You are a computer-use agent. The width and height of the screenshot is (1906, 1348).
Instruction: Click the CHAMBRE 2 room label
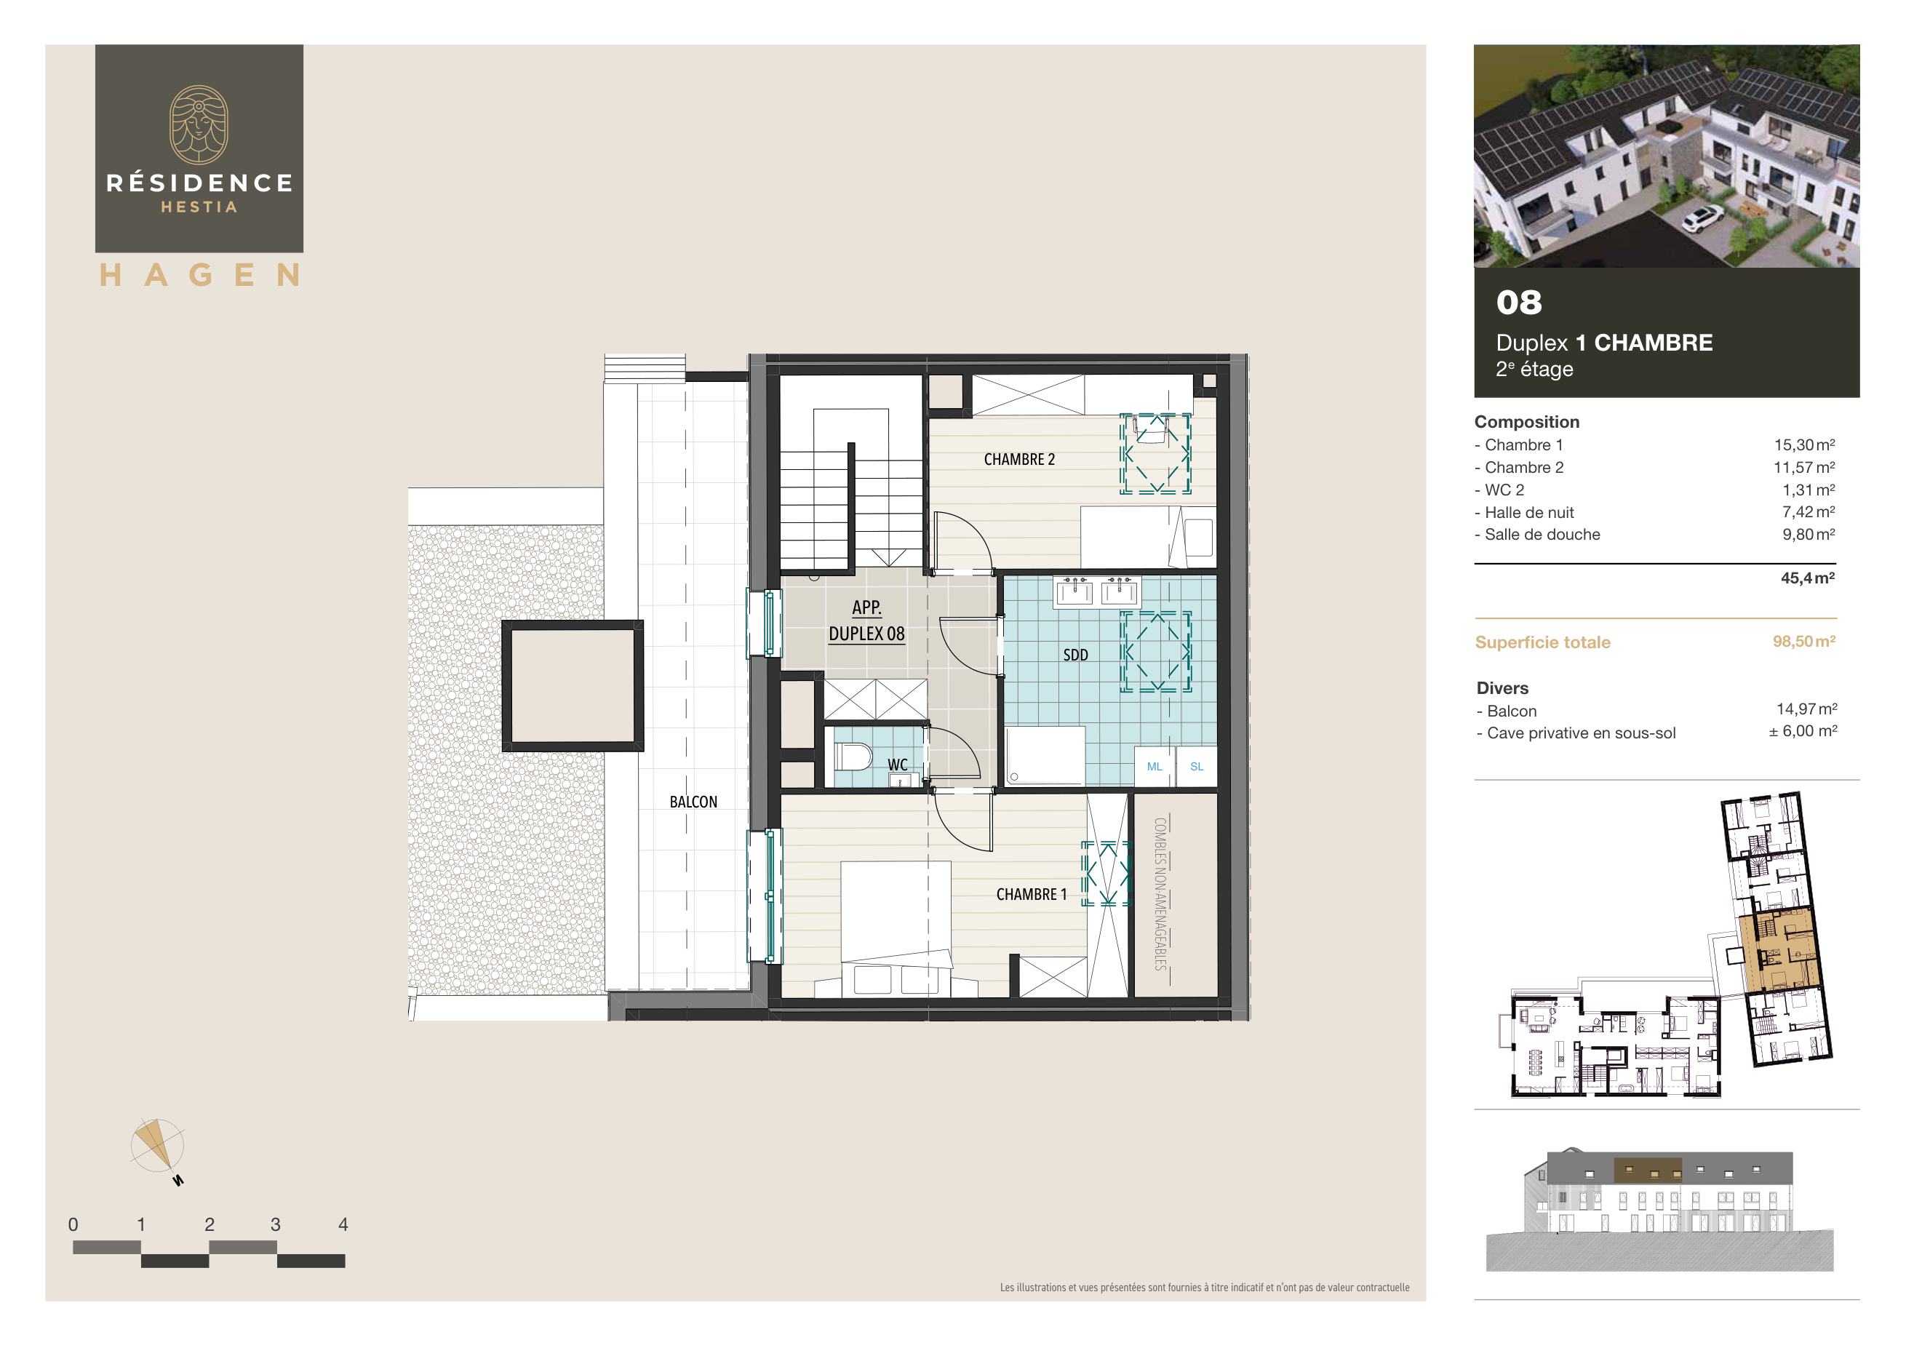(x=1018, y=460)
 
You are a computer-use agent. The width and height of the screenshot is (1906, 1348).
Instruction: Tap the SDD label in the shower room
(x=1075, y=655)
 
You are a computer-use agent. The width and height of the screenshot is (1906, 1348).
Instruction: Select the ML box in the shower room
(x=1154, y=766)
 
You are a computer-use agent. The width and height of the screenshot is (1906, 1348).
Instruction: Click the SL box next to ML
(x=1196, y=766)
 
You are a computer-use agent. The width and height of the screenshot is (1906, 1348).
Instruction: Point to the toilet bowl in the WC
(x=852, y=756)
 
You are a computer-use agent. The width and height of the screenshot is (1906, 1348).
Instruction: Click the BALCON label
(x=693, y=802)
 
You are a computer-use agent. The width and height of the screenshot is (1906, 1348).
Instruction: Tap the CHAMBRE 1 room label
(x=1031, y=894)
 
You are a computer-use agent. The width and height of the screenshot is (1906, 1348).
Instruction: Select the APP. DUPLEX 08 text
(x=866, y=620)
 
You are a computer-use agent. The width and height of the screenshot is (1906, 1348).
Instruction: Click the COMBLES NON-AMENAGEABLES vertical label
(x=1160, y=894)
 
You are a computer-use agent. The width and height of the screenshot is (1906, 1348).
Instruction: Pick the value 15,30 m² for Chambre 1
(x=1804, y=445)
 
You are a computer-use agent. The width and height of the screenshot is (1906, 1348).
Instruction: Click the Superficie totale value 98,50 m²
(x=1803, y=642)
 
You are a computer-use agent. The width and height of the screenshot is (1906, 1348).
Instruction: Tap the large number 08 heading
(x=1518, y=303)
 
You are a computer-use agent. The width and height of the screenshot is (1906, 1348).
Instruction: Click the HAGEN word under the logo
(x=199, y=275)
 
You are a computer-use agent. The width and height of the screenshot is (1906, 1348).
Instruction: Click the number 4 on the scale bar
(x=343, y=1224)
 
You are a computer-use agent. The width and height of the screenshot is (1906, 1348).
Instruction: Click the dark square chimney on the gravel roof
(x=572, y=685)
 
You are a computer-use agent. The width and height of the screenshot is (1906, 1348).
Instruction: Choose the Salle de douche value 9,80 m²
(x=1808, y=535)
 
